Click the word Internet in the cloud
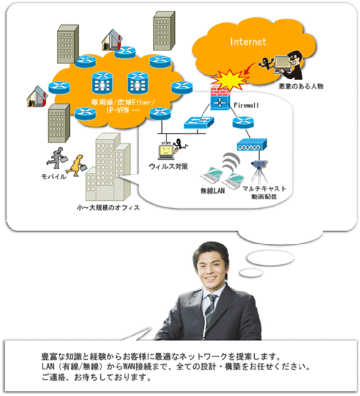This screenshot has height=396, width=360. click(248, 42)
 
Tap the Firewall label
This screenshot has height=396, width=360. click(246, 105)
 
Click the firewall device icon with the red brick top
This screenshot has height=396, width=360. click(220, 99)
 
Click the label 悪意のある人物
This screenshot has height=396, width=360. click(301, 86)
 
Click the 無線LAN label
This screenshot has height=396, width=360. click(212, 191)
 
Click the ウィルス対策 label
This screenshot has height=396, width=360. click(168, 166)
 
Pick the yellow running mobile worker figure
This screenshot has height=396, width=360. click(78, 166)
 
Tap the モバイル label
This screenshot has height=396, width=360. click(53, 176)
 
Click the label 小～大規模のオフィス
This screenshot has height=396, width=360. click(108, 207)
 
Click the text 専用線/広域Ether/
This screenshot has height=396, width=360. click(123, 102)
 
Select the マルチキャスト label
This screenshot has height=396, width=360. click(264, 189)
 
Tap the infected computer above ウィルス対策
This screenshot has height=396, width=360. click(166, 152)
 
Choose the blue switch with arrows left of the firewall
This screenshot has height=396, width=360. click(199, 122)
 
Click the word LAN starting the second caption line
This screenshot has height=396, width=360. click(48, 366)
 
